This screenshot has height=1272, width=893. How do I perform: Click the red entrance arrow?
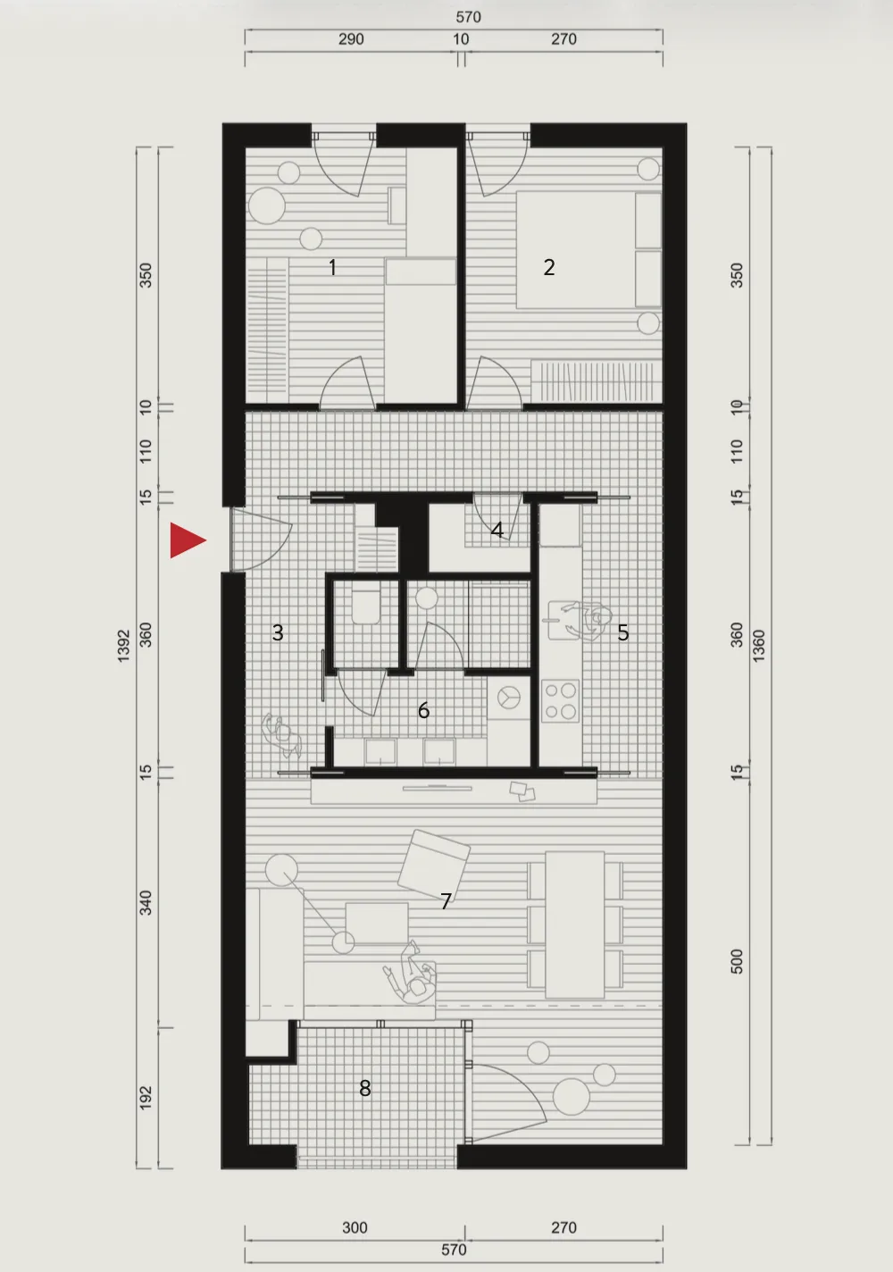pos(188,540)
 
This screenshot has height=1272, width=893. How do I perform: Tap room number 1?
pos(333,267)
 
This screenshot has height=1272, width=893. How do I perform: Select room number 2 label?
pos(548,267)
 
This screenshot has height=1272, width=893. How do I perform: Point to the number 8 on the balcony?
pos(365,1088)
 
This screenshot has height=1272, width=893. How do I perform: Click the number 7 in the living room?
pos(446,900)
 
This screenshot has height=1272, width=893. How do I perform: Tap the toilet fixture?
pos(366,607)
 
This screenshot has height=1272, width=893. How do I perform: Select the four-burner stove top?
pos(560,701)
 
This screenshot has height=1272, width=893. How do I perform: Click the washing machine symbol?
pos(508,698)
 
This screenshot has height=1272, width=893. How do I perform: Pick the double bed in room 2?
pos(588,250)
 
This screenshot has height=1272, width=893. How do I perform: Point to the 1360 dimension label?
pos(758,645)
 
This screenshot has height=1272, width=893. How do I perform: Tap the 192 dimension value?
pos(146,1098)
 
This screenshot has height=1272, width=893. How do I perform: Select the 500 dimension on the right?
pos(737,961)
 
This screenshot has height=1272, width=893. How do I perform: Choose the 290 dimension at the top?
pos(351,39)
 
